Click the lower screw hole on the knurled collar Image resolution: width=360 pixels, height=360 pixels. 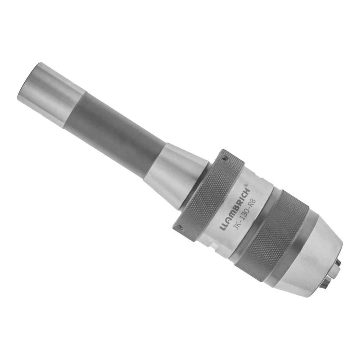pyautogui.click(x=180, y=226)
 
